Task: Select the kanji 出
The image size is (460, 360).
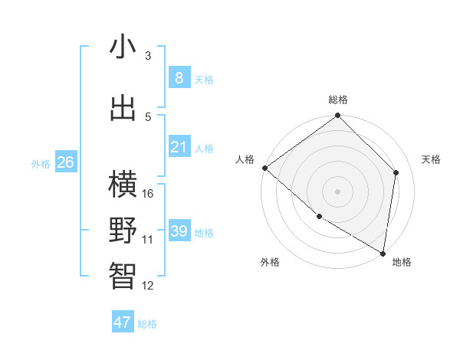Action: pyautogui.click(x=123, y=108)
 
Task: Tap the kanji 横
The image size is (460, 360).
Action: pyautogui.click(x=123, y=185)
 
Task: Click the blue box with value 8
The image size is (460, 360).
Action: pyautogui.click(x=179, y=78)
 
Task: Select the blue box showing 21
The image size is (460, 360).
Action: pyautogui.click(x=179, y=147)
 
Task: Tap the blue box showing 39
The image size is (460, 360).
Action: pyautogui.click(x=179, y=231)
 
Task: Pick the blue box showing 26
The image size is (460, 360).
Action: pyautogui.click(x=65, y=162)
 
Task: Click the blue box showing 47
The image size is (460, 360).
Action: pyautogui.click(x=123, y=322)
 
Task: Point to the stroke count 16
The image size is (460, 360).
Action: pyautogui.click(x=149, y=193)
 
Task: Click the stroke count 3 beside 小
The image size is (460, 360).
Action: pyautogui.click(x=148, y=56)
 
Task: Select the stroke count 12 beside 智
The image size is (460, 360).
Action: pyautogui.click(x=149, y=286)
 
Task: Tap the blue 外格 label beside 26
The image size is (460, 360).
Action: pyautogui.click(x=41, y=163)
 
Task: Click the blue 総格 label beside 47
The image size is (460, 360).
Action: pyautogui.click(x=147, y=324)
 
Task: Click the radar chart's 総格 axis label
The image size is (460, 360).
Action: pyautogui.click(x=338, y=100)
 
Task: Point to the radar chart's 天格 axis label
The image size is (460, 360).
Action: pyautogui.click(x=432, y=159)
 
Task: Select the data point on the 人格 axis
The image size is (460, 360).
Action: pyautogui.click(x=264, y=168)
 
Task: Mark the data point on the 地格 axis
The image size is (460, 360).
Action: pyautogui.click(x=383, y=253)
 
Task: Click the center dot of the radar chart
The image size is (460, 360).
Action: pyautogui.click(x=338, y=191)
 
